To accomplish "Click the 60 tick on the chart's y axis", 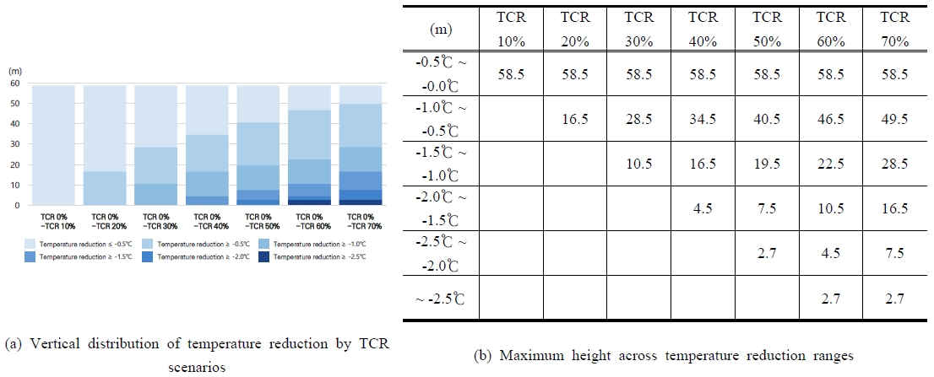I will pyautogui.click(x=14, y=83).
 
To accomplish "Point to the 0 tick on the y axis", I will pyautogui.click(x=17, y=205).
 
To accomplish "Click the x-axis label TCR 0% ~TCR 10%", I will pyautogui.click(x=56, y=221).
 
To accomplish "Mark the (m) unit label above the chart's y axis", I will pyautogui.click(x=14, y=71).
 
